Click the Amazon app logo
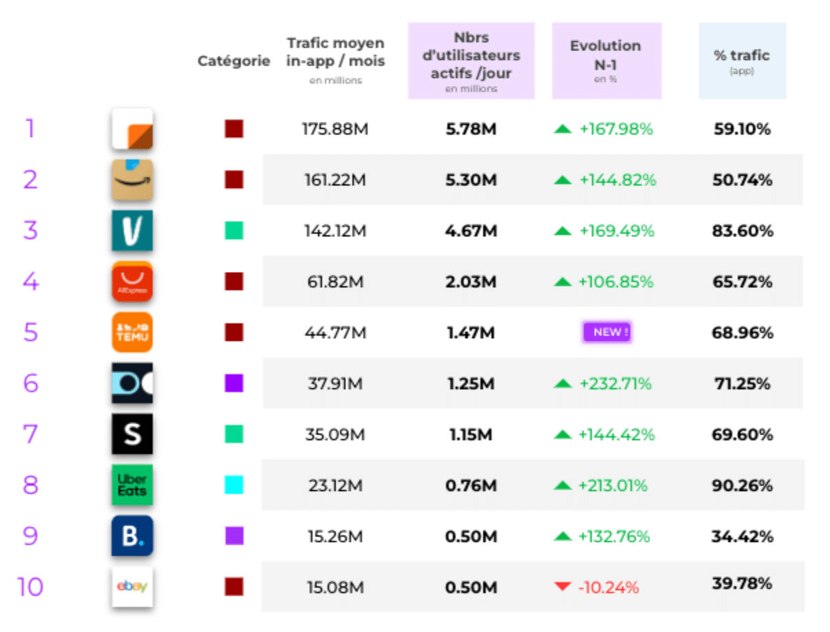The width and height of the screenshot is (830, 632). [x=132, y=180]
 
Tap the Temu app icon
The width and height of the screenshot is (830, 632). [x=132, y=333]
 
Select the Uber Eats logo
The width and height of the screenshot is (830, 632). [x=132, y=485]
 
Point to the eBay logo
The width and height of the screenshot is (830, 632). [x=132, y=587]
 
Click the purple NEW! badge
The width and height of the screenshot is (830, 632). [x=606, y=333]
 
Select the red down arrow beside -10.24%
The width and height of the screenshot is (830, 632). [x=562, y=587]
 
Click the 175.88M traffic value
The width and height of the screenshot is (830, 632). [x=335, y=129]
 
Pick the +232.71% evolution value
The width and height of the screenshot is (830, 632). [x=615, y=384]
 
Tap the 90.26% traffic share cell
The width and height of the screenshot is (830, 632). [x=742, y=486]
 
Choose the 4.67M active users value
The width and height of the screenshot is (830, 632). [x=471, y=231]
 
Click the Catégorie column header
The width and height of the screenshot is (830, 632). [x=234, y=61]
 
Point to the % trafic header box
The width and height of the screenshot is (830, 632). [x=742, y=61]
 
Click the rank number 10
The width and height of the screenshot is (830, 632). [x=30, y=587]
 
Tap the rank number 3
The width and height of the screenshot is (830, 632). [x=30, y=231]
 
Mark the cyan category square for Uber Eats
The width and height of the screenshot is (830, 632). [x=234, y=485]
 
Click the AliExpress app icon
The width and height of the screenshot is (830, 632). [x=132, y=282]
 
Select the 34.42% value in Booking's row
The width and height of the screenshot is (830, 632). [x=742, y=537]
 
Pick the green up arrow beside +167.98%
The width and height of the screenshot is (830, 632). [x=562, y=129]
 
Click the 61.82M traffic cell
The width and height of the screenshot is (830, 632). [x=335, y=282]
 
